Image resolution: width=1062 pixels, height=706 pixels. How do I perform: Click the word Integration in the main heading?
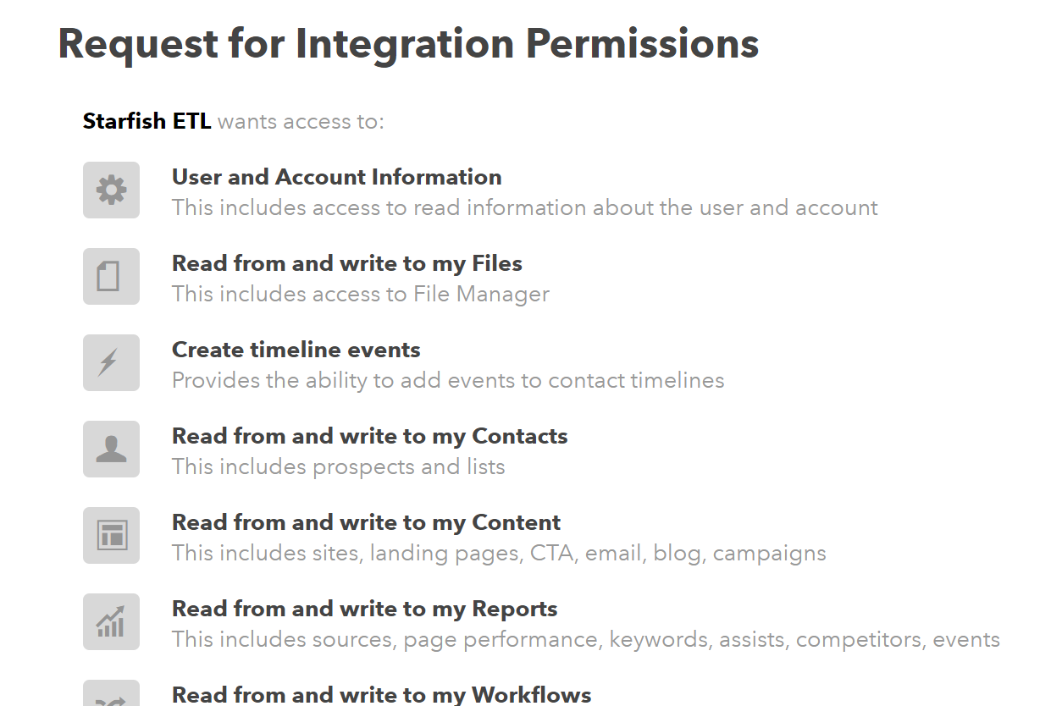(405, 45)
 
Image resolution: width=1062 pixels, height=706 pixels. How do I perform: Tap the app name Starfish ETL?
(147, 121)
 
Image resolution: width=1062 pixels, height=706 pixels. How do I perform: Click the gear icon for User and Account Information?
(112, 190)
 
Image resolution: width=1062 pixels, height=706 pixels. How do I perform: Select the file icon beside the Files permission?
(108, 276)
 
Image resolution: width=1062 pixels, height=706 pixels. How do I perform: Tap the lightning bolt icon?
(108, 362)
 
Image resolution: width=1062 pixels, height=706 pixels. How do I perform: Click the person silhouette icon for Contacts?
(112, 449)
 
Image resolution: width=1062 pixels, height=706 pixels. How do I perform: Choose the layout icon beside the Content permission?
(112, 535)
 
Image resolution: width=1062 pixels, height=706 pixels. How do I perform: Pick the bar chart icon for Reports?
(111, 621)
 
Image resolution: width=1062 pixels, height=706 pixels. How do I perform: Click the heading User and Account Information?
(336, 177)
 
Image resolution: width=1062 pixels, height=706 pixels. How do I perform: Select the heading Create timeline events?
(296, 350)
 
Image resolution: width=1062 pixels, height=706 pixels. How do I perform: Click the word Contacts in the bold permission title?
(520, 436)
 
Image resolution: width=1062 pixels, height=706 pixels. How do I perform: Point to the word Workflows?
(532, 695)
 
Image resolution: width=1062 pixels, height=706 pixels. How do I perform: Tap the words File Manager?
(481, 294)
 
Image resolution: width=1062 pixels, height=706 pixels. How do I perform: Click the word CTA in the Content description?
(551, 553)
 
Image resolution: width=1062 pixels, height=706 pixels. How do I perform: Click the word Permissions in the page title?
(642, 45)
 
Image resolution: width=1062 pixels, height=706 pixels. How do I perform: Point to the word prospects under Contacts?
(363, 467)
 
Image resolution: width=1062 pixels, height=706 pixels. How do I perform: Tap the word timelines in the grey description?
(677, 380)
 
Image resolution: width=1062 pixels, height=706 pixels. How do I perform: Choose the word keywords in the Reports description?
(659, 640)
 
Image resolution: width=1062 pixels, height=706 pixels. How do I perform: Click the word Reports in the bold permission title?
(514, 609)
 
